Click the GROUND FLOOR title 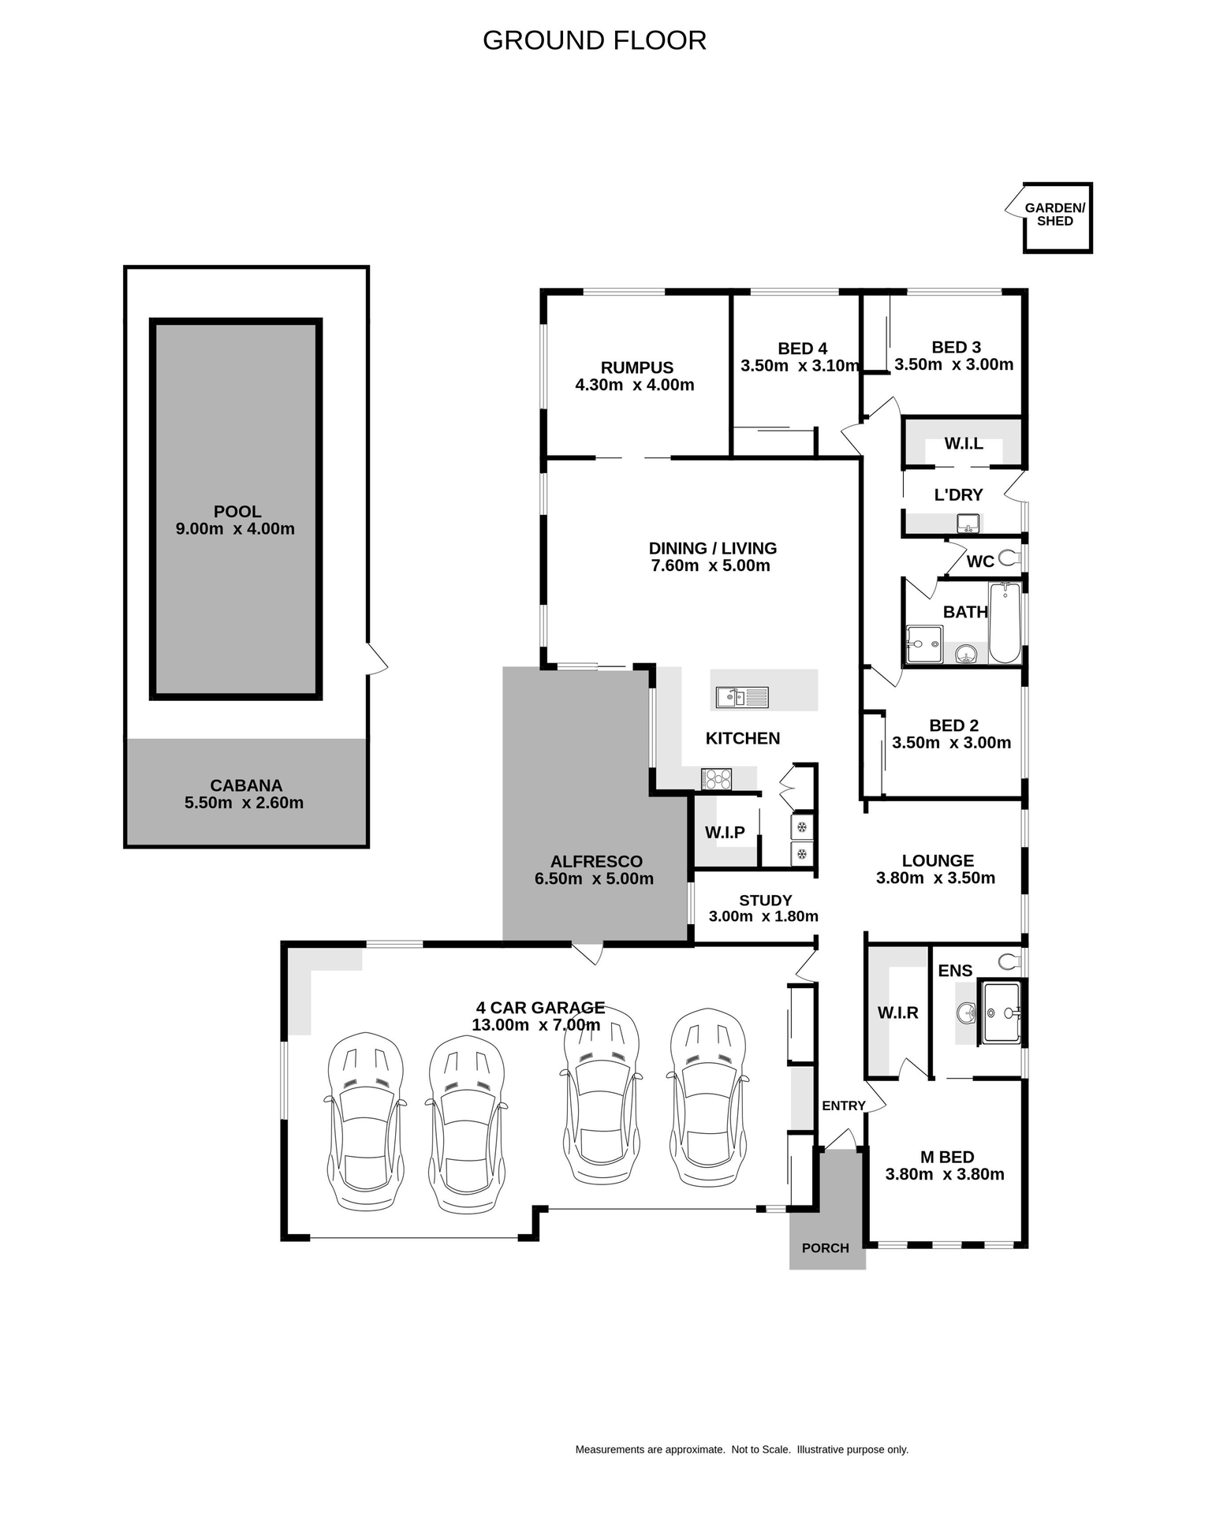594,40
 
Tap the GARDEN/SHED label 1054,214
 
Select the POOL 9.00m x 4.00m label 236,520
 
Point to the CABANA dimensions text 244,803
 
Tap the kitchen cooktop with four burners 716,779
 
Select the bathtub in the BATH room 1004,623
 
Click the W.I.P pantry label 725,833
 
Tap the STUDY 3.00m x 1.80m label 763,908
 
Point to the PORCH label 825,1248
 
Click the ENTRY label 843,1106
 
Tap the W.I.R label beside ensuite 897,1012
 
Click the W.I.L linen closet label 963,444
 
